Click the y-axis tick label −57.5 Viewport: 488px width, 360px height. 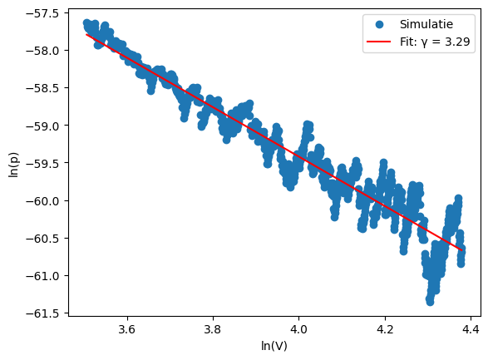[x=32, y=13]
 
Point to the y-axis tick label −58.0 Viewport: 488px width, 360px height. [x=32, y=51]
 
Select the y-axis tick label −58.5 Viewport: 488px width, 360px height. [x=32, y=88]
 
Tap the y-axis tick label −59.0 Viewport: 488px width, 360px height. [x=32, y=126]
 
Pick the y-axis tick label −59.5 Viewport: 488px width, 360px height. [x=32, y=163]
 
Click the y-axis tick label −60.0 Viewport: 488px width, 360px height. [x=32, y=200]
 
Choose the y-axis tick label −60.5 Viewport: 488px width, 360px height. [x=32, y=238]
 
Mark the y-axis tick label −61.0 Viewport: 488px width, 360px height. [x=32, y=275]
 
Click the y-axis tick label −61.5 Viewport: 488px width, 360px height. [x=32, y=313]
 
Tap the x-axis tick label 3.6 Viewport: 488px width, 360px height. [x=126, y=330]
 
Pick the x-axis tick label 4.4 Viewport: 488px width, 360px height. [x=471, y=330]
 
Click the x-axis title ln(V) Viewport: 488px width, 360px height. [x=274, y=346]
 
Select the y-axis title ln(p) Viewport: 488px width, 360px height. [x=12, y=162]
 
